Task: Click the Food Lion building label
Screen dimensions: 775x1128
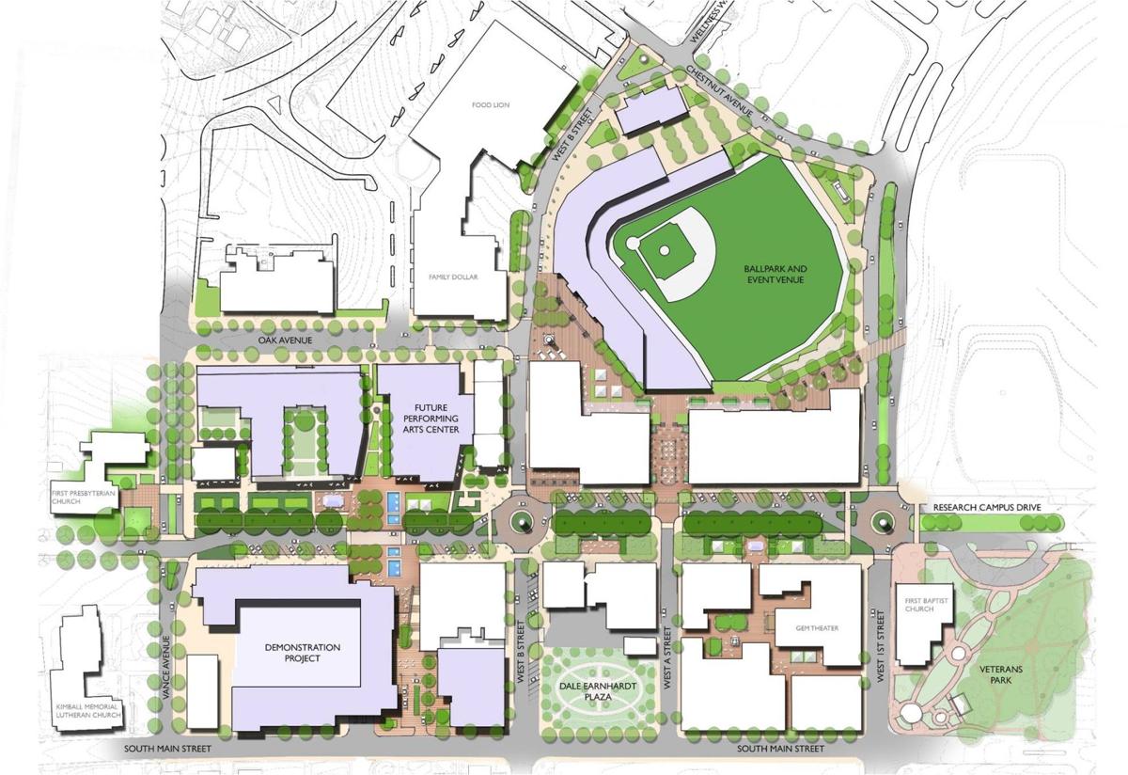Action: pyautogui.click(x=490, y=105)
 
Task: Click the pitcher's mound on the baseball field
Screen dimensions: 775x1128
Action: pyautogui.click(x=665, y=249)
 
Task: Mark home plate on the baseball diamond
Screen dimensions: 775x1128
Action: pyautogui.click(x=634, y=244)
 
